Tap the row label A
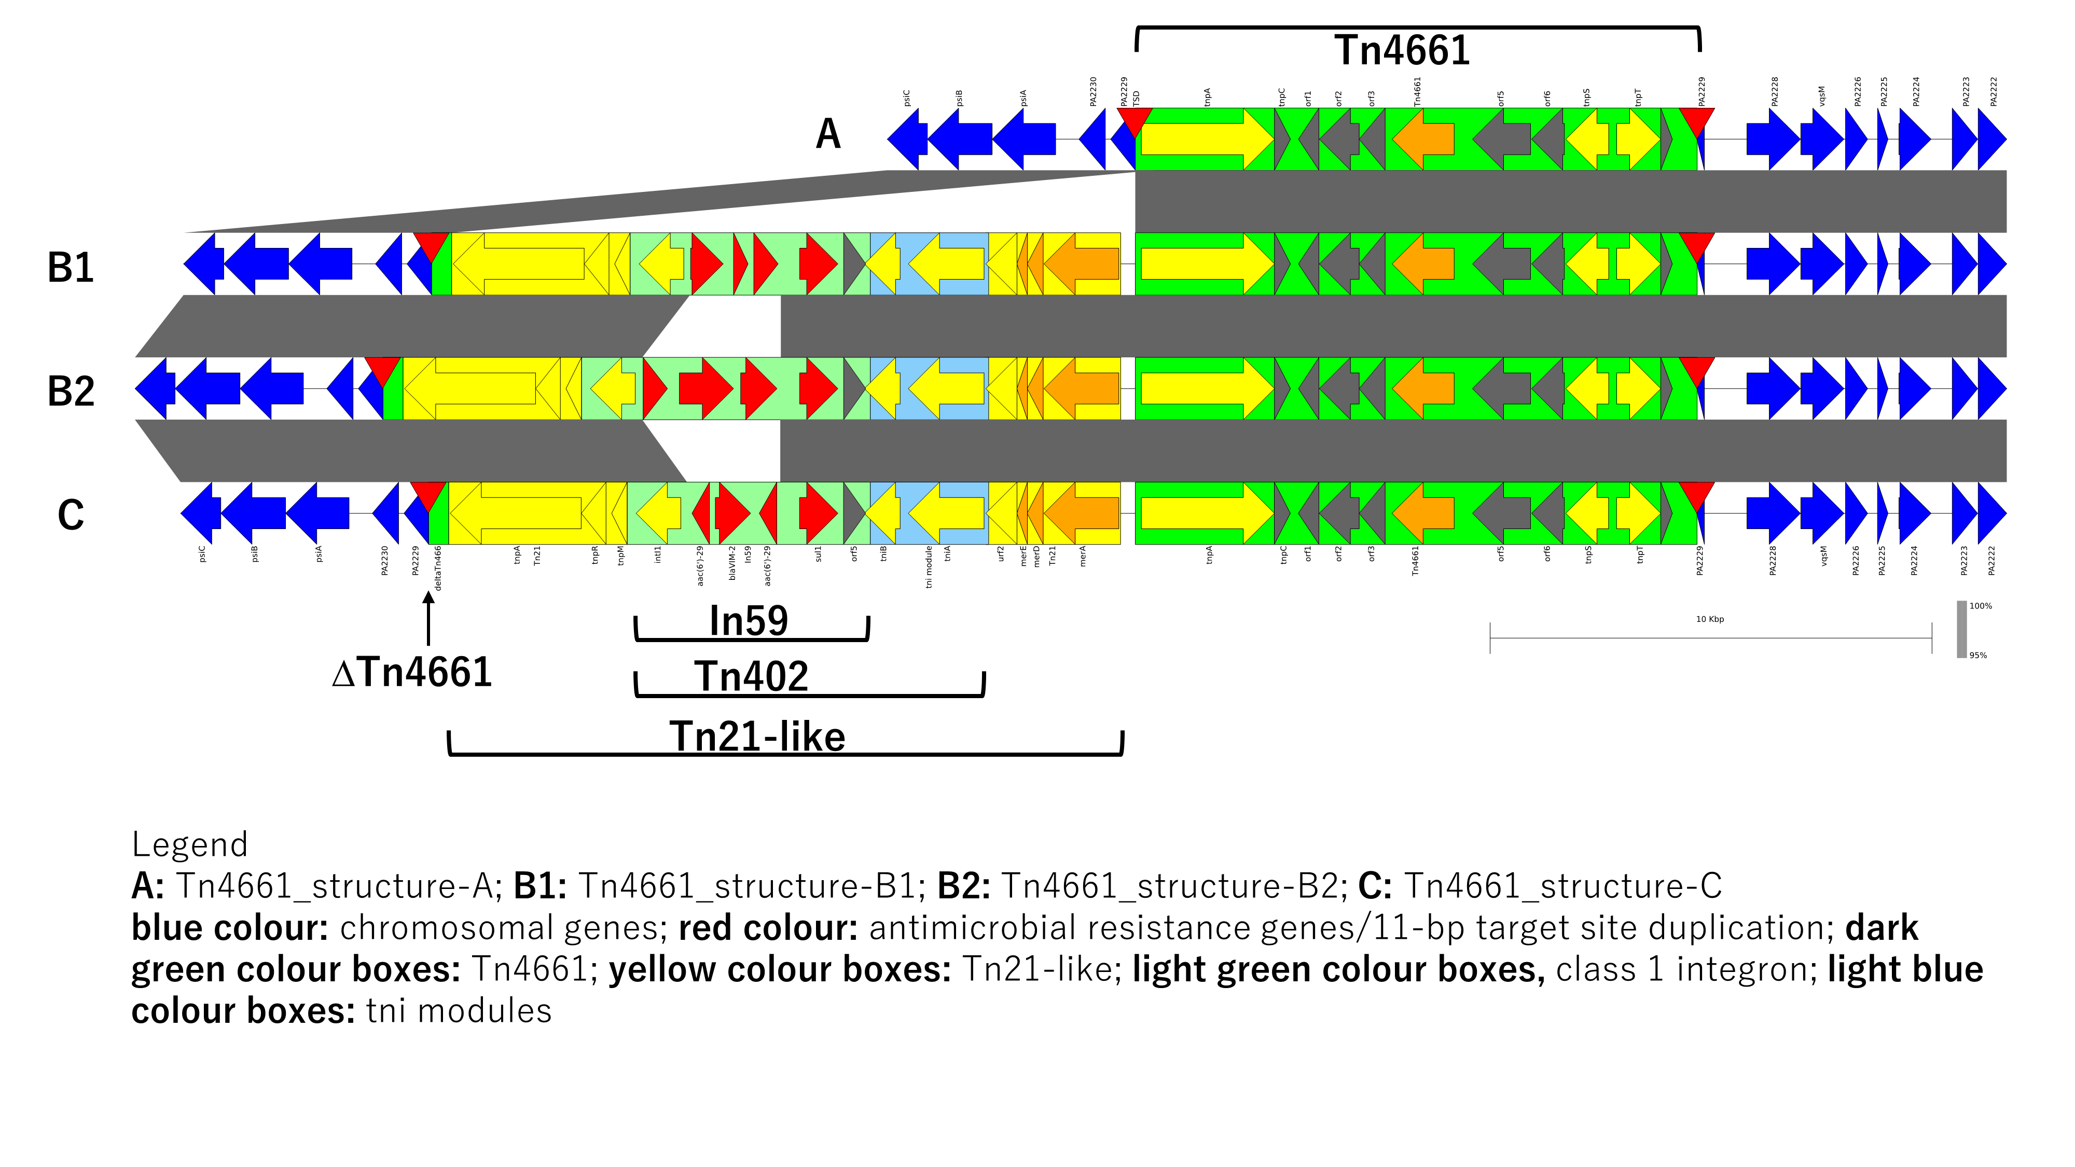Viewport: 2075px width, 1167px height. point(827,134)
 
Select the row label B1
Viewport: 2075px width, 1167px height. point(71,268)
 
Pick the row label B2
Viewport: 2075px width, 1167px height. point(71,392)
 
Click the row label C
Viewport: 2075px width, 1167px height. point(71,516)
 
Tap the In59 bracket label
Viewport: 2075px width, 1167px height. point(749,621)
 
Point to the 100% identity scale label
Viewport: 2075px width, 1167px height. point(1980,606)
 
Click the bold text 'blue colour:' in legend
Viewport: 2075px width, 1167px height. point(230,928)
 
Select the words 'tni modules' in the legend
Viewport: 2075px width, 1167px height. point(459,1011)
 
